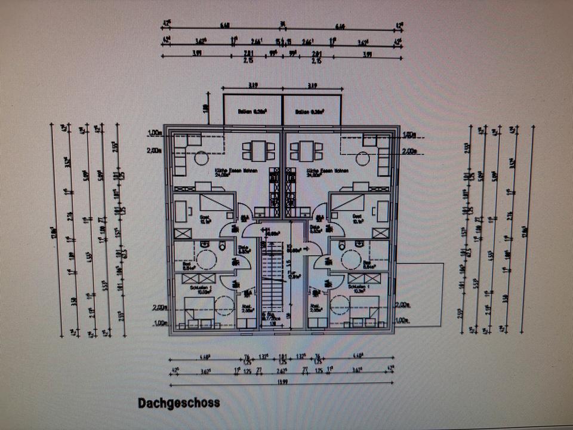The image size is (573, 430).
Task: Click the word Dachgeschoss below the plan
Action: click(x=178, y=403)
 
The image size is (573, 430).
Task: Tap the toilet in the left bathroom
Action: click(x=221, y=246)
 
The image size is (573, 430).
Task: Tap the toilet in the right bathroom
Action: click(x=341, y=246)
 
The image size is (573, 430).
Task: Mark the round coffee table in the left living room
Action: click(x=201, y=158)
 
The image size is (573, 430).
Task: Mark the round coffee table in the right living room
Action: click(x=362, y=158)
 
